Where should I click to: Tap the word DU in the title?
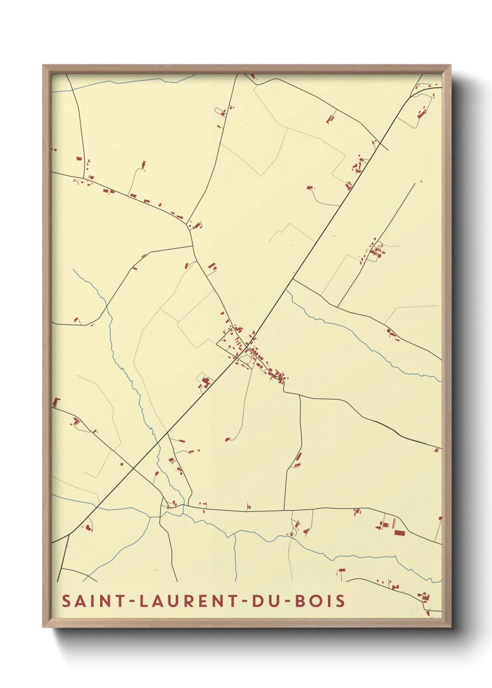[263, 601]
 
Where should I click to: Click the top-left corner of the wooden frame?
[43, 66]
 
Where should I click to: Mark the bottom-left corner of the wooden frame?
[43, 627]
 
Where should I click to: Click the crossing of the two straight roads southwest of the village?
[133, 466]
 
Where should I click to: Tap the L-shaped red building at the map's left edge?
[56, 403]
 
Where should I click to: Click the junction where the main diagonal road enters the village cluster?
[246, 347]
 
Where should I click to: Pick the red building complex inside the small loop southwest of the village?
[205, 382]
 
